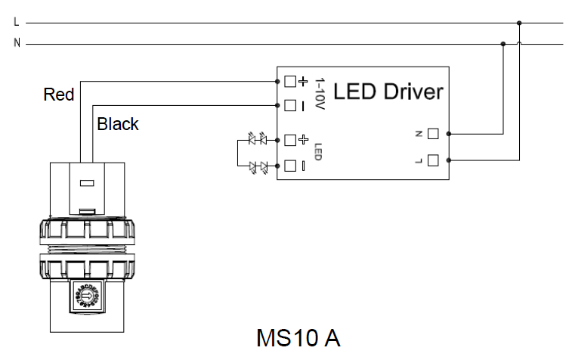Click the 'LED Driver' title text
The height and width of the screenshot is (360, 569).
click(x=388, y=92)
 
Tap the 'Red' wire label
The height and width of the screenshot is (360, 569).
click(x=59, y=95)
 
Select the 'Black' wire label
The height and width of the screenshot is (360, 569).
click(x=118, y=124)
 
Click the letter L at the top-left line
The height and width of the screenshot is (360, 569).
click(x=17, y=23)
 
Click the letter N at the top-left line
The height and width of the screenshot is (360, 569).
click(x=17, y=43)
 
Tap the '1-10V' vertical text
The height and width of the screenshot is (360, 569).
click(x=319, y=95)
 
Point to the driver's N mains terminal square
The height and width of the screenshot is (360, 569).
click(x=433, y=134)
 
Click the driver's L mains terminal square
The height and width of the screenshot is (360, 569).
click(x=433, y=160)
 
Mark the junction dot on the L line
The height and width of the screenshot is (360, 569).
click(x=519, y=23)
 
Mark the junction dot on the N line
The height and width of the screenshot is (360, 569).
click(x=503, y=44)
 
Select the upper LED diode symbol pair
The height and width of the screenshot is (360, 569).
click(x=258, y=139)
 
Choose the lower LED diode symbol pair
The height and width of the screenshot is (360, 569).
click(x=258, y=166)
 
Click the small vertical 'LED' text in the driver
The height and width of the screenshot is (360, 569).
click(x=318, y=151)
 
